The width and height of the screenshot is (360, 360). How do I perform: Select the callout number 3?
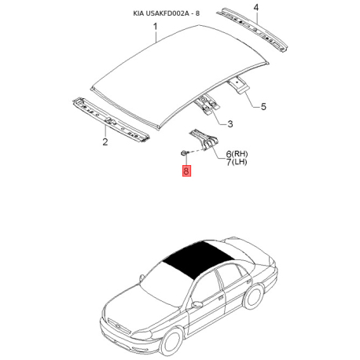click(x=230, y=123)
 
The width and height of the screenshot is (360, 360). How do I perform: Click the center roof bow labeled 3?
click(x=208, y=103)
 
